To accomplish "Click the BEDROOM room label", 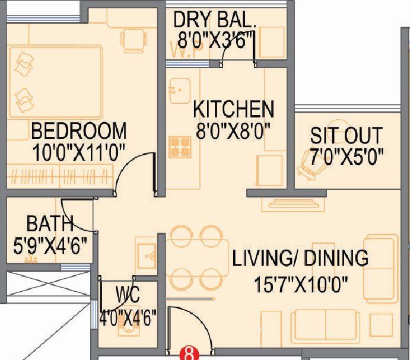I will pos(78,129).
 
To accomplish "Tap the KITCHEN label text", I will pos(234,109).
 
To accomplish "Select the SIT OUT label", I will pos(346,135).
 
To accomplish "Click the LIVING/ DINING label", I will pos(300,259).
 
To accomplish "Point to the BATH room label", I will pos(50,224).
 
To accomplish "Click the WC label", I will pos(128,295).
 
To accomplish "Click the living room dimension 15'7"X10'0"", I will pos(300,284).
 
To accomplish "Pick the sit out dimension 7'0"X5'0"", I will pos(347,157).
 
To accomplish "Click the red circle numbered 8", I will pos(189,355).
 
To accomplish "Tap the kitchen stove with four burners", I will pos(179,146).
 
